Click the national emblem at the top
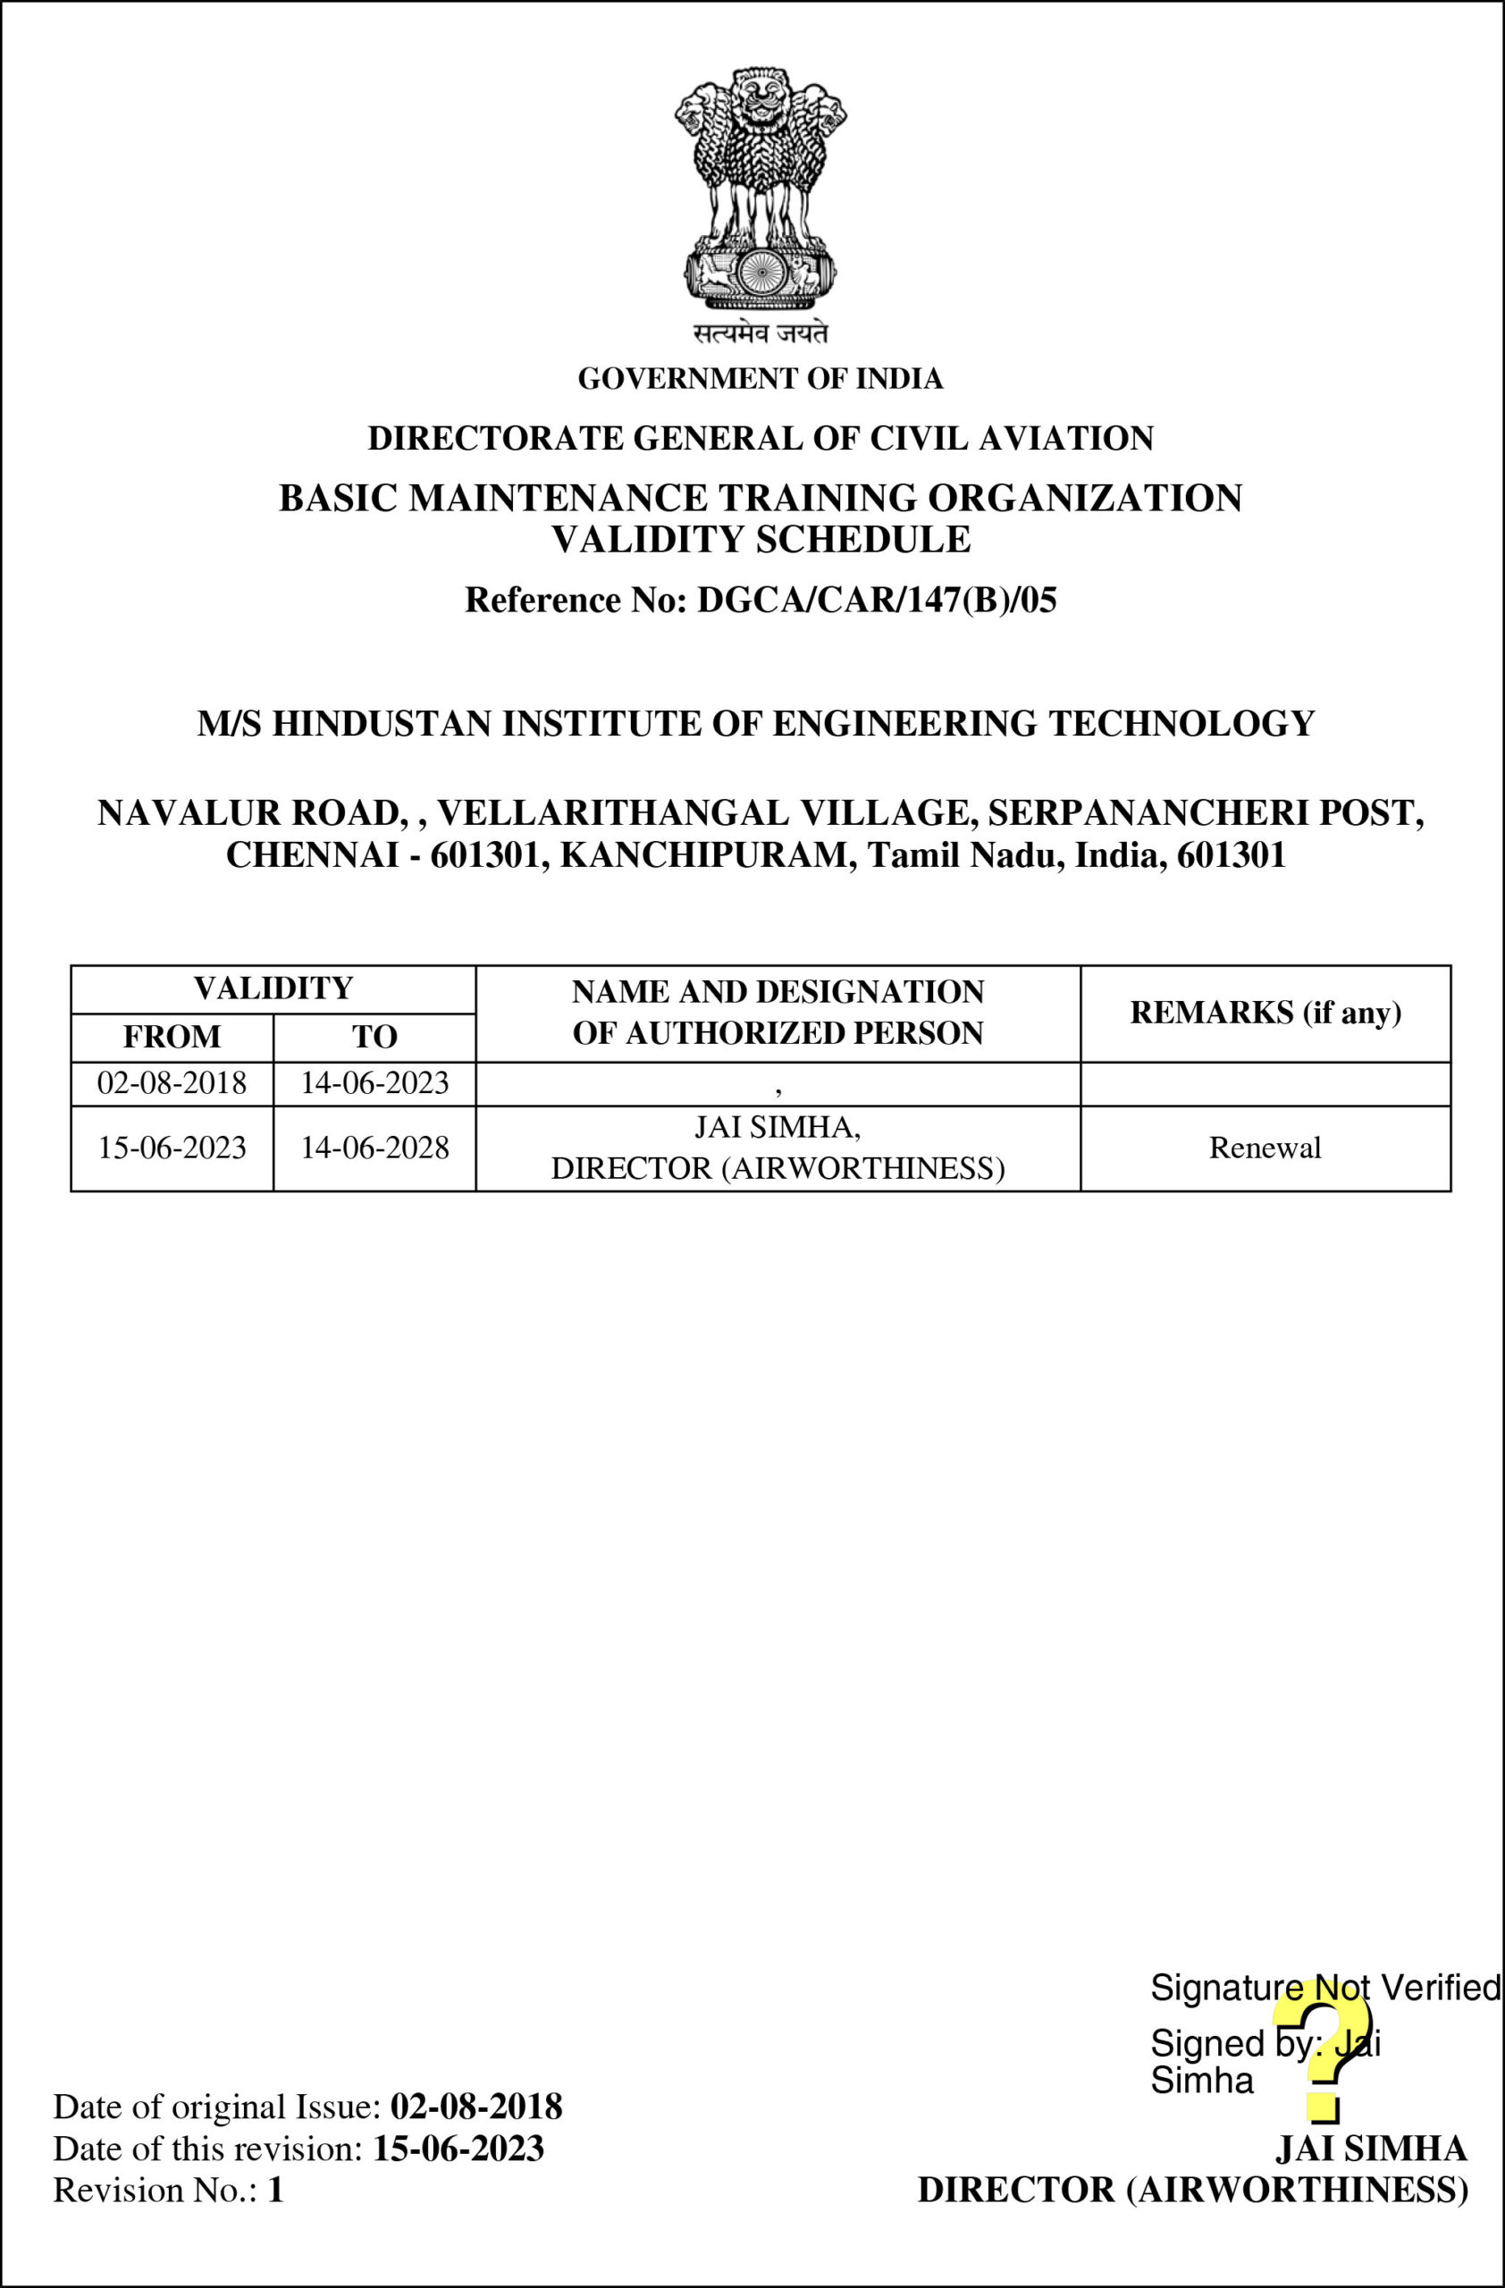[x=761, y=188]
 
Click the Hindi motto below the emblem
[x=761, y=332]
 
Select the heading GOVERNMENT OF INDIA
[x=761, y=379]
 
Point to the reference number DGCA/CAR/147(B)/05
[x=876, y=600]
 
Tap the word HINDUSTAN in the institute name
[x=382, y=724]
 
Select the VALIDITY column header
[x=273, y=988]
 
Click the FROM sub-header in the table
[x=172, y=1037]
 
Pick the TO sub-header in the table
[x=374, y=1037]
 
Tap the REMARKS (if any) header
[x=1265, y=1013]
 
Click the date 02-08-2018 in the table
[x=172, y=1083]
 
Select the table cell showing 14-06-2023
[x=374, y=1083]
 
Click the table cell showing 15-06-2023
[x=172, y=1148]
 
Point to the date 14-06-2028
[x=374, y=1148]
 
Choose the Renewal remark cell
[x=1265, y=1148]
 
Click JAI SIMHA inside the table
[x=777, y=1127]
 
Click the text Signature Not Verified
[x=1324, y=1988]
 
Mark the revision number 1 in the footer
[x=276, y=2190]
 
